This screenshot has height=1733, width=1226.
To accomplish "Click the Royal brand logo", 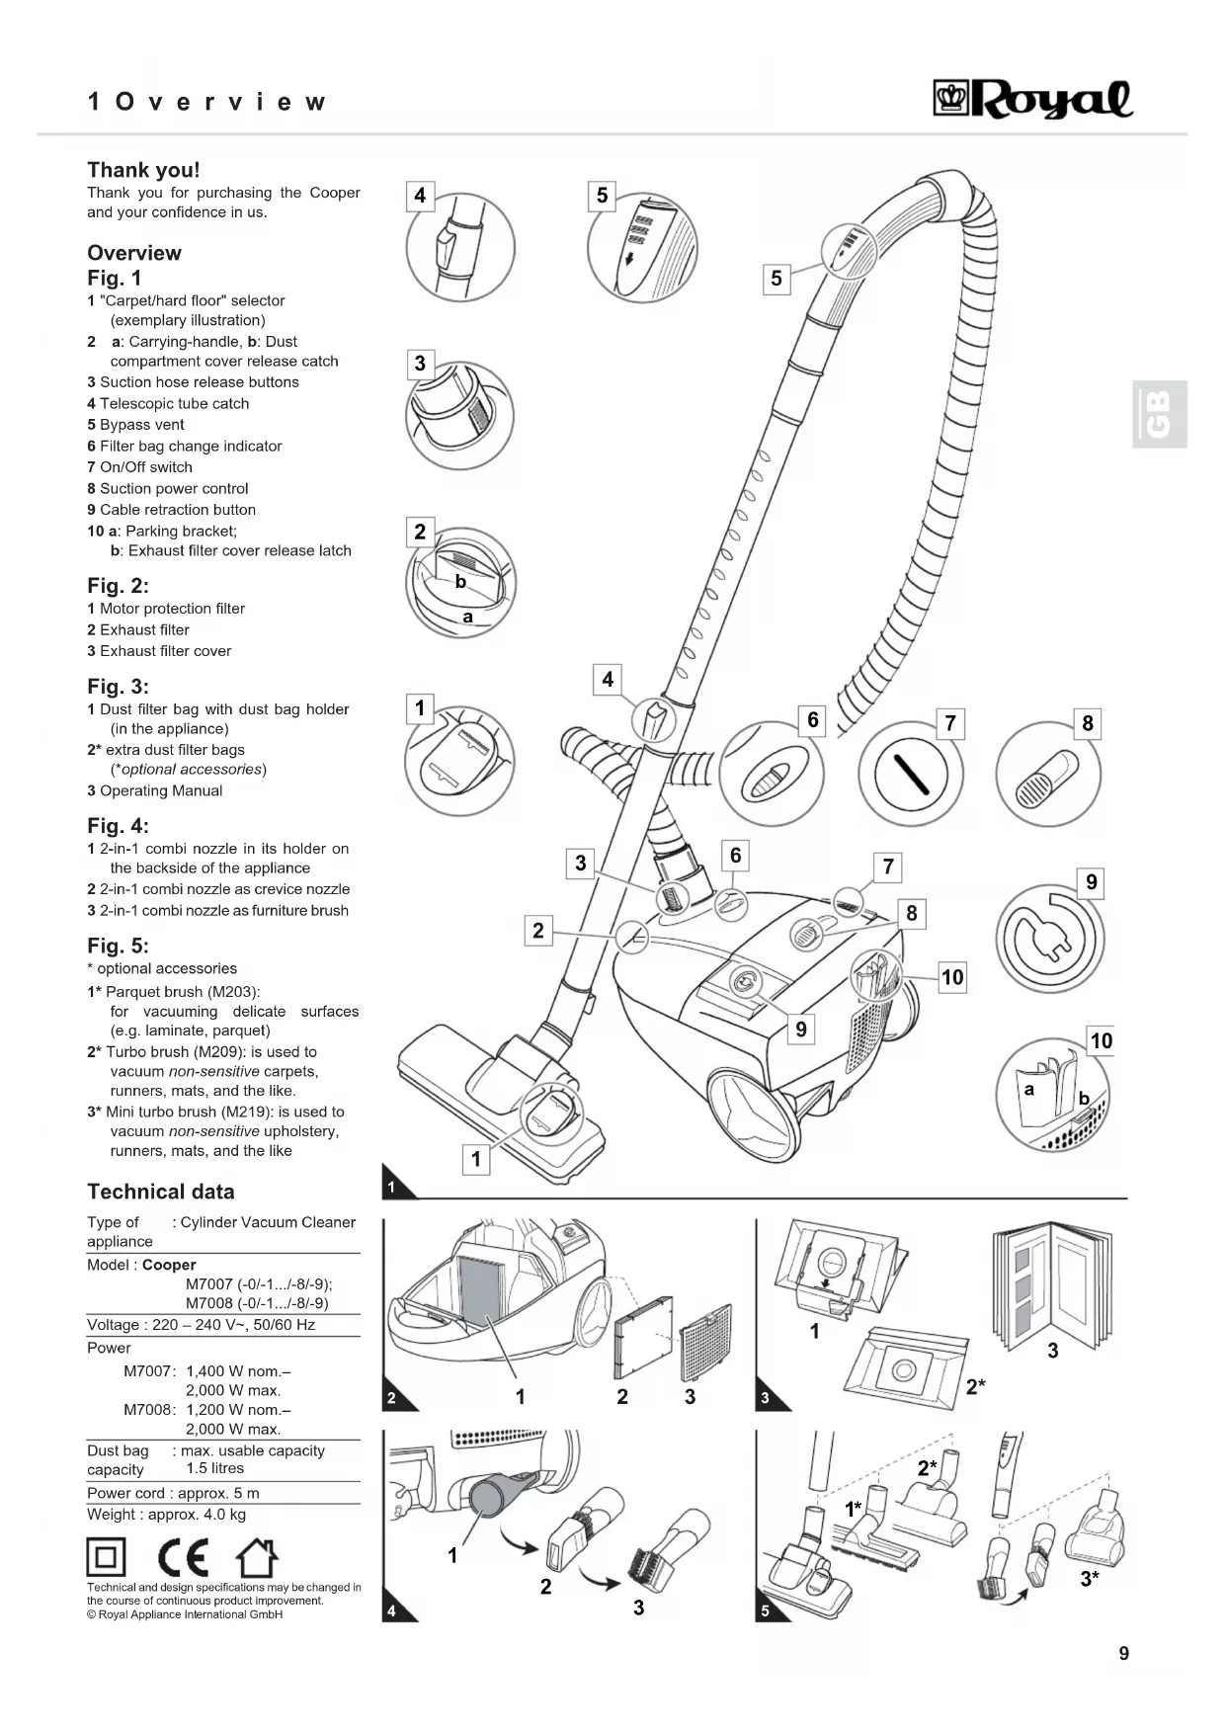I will point(1033,99).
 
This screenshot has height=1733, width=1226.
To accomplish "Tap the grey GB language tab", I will point(1159,414).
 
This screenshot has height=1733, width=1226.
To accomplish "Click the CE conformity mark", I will point(184,1558).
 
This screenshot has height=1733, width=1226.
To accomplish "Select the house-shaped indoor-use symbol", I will point(256,1558).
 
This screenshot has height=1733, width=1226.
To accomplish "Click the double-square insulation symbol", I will point(106,1558).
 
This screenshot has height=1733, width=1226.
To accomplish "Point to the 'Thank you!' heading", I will point(143,170).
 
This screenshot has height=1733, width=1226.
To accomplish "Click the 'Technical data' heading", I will point(161,1192).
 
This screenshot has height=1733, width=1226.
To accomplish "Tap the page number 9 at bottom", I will point(1123,1653).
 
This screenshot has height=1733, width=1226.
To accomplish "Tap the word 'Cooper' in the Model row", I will point(169,1265).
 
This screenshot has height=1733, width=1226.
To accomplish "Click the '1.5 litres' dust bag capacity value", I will point(214,1468).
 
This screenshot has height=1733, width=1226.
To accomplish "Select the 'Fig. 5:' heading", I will point(118,946).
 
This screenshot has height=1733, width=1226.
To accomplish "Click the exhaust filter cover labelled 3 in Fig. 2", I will point(705,1342).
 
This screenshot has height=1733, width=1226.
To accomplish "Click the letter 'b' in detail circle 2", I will point(460,582).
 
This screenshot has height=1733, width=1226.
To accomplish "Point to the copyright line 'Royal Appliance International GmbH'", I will point(185,1614).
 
